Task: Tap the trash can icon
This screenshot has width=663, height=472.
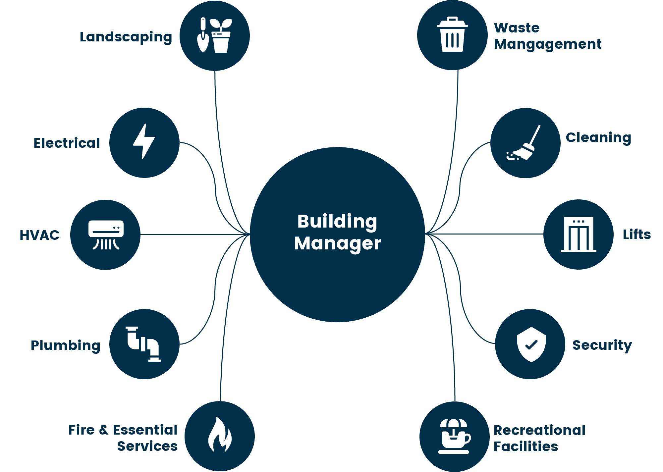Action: click(452, 35)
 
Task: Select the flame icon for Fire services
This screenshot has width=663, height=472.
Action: click(220, 435)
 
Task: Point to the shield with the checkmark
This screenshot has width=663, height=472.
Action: click(531, 344)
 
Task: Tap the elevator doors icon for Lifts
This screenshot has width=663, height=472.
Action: click(579, 235)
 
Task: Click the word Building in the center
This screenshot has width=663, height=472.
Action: click(337, 222)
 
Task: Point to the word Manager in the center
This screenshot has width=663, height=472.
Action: click(337, 243)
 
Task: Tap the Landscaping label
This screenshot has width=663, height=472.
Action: click(126, 37)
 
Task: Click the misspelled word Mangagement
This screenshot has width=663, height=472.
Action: click(548, 44)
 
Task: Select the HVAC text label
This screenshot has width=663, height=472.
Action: click(39, 235)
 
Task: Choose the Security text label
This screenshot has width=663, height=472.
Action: click(602, 345)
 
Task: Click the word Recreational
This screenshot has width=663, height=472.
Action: click(539, 430)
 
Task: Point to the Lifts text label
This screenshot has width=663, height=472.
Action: click(636, 235)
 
